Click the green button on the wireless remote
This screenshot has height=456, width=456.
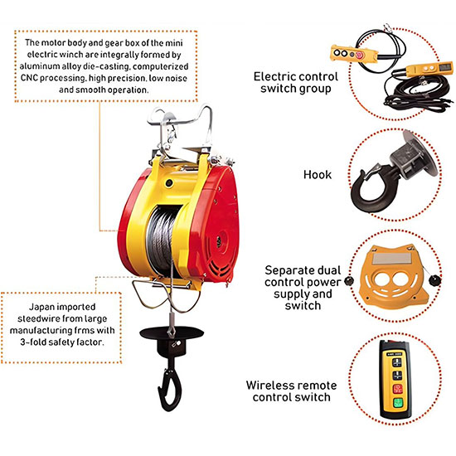coord(397,402)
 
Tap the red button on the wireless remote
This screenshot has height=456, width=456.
coord(397,389)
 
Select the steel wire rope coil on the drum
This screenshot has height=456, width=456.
coord(162,240)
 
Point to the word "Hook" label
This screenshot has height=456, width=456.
coord(318,174)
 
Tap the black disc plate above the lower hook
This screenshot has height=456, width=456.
coord(172,332)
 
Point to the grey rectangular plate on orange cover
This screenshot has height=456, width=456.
coord(392,259)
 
